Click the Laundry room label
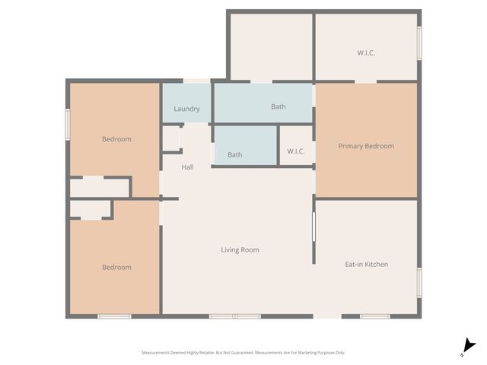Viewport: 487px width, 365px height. pos(186,109)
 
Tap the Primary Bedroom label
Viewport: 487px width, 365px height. pos(366,146)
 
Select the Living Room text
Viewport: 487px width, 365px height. pos(240,249)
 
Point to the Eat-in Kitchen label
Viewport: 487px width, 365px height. pos(366,264)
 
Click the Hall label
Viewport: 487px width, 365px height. pos(187,167)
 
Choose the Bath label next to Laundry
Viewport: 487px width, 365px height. pos(279,106)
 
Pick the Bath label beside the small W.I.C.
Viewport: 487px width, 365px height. pos(235,154)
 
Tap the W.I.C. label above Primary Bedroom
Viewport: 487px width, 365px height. pos(366,53)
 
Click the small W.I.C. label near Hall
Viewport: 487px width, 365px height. pos(296,151)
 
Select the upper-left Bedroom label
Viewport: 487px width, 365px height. pos(116,139)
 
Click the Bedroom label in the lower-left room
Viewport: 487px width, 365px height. pos(116,267)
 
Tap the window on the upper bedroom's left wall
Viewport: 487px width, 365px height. pos(68,123)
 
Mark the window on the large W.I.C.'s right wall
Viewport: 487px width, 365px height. pos(419,43)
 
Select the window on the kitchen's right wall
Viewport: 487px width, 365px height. pos(419,281)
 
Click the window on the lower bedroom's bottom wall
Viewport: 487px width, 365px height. pos(114,316)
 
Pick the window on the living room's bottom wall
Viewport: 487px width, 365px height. pos(235,316)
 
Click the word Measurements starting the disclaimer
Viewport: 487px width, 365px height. pos(157,353)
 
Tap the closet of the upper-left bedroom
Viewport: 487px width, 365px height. pos(100,187)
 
